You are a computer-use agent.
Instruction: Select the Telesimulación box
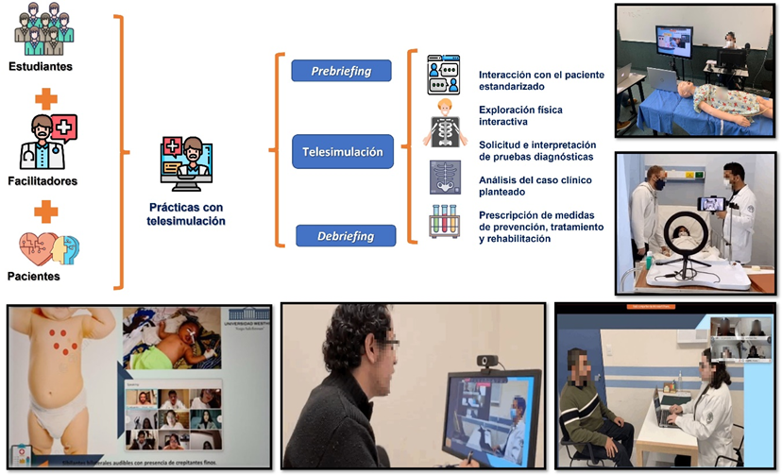342,150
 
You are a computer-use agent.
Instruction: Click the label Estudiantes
40,67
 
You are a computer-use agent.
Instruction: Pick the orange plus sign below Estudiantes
44,97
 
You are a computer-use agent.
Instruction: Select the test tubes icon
444,220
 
